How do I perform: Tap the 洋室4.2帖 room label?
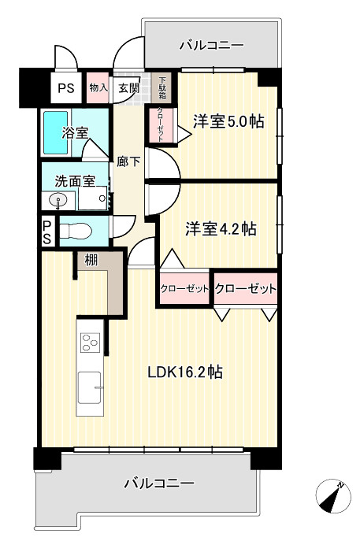tap(220, 228)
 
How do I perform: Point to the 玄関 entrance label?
tap(128, 88)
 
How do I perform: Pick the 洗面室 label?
tap(75, 180)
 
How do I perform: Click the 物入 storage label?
tap(98, 88)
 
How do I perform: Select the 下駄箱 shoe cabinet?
tap(163, 85)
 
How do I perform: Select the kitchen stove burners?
tap(89, 343)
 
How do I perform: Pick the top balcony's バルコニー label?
tap(210, 46)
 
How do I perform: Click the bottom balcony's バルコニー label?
tap(159, 483)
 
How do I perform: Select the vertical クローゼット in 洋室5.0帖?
tap(160, 123)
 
